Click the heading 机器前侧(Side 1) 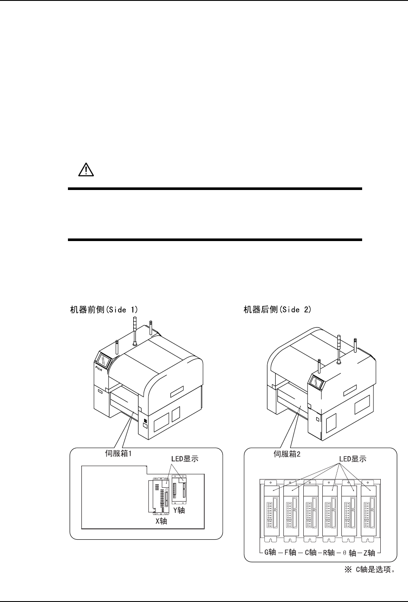pyautogui.click(x=104, y=310)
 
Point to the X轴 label pyautogui.click(x=161, y=521)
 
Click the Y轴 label pyautogui.click(x=179, y=510)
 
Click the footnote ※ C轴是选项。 pyautogui.click(x=369, y=569)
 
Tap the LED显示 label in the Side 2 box pyautogui.click(x=352, y=459)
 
